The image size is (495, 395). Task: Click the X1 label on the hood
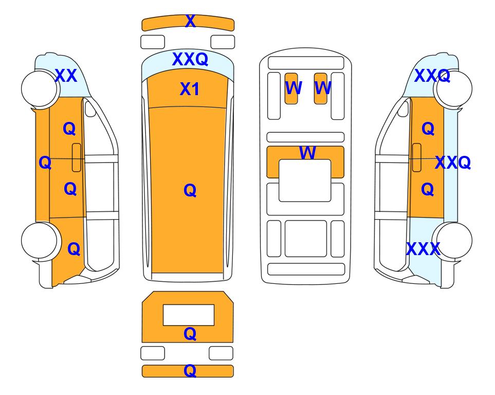[189, 89]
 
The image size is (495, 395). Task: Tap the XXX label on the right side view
[423, 249]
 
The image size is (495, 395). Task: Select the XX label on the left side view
[66, 76]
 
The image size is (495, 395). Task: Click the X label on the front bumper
[190, 21]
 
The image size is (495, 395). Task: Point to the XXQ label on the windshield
[190, 59]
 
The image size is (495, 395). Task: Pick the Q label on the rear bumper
[190, 370]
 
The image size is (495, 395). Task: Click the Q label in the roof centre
[190, 190]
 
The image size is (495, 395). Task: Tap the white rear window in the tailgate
[189, 315]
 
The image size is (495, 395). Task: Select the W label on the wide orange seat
[307, 153]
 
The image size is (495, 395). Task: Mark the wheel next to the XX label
[40, 88]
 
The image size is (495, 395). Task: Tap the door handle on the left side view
[77, 157]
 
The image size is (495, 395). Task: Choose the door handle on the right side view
[417, 157]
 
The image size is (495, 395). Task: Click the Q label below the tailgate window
[190, 333]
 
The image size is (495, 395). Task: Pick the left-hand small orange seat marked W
[291, 88]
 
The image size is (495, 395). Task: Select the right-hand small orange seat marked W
[320, 88]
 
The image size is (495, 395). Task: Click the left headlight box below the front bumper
[153, 42]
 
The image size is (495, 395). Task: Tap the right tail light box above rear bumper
[221, 353]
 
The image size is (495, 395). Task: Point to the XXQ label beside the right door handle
[453, 163]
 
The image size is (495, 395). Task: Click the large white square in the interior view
[305, 181]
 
